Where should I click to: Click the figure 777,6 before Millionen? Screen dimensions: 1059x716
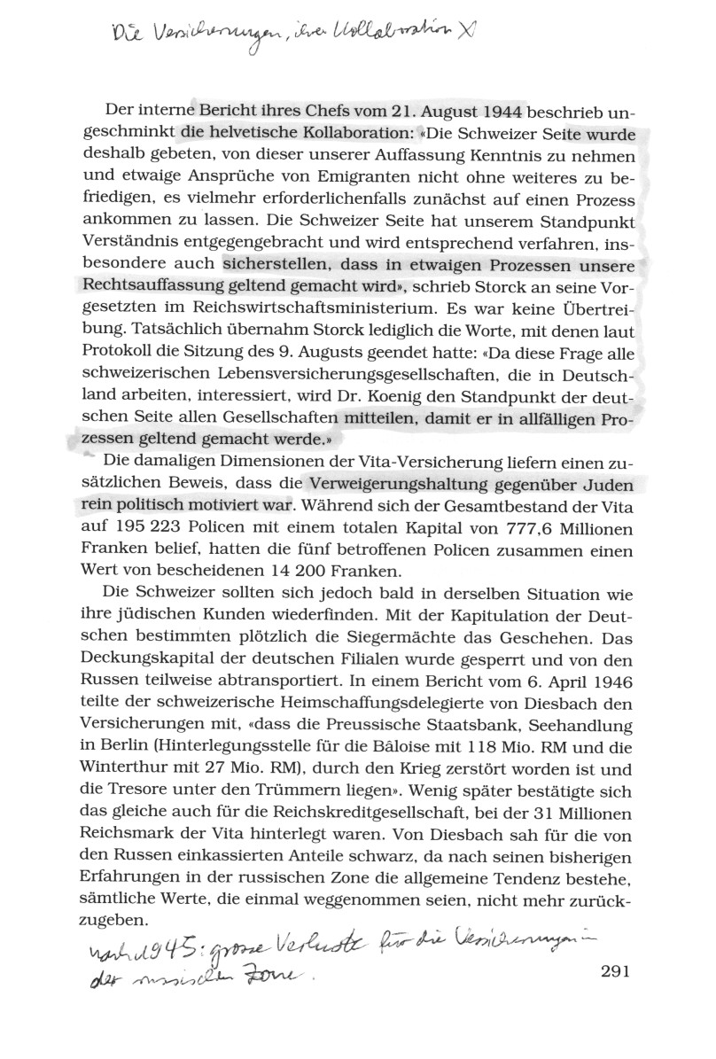(507, 529)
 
